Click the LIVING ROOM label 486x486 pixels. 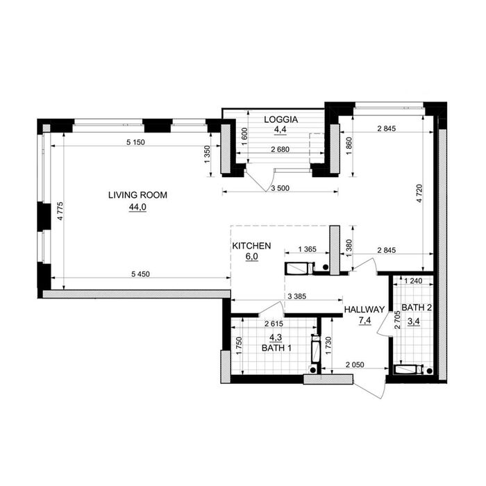137,195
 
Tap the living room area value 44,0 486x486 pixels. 137,207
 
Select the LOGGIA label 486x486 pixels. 280,119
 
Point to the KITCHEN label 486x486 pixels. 251,246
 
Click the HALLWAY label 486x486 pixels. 364,310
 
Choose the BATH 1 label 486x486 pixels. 276,348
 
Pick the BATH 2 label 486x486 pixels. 417,308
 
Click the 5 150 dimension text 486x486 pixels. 136,142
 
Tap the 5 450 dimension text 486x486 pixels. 140,274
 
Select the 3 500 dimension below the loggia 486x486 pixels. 280,188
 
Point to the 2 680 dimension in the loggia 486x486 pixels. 280,149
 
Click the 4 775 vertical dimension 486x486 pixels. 60,211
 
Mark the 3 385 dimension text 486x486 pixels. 297,296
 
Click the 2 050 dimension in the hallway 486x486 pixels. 355,365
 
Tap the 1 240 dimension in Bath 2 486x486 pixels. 414,281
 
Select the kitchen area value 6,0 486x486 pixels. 251,257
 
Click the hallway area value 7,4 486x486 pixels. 364,321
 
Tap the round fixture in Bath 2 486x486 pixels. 429,370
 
